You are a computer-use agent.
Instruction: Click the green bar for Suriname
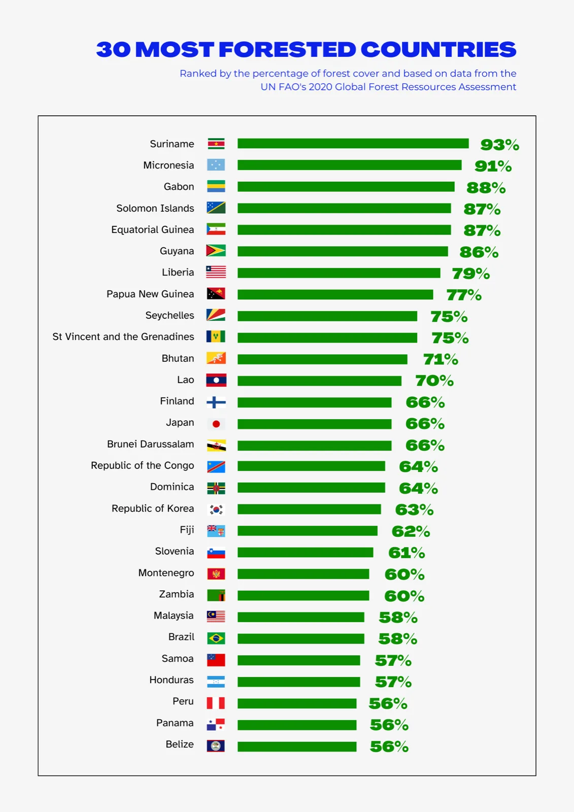[x=353, y=144]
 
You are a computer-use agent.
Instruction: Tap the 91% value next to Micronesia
[x=493, y=166]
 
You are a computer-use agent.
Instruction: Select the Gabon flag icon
[x=216, y=186]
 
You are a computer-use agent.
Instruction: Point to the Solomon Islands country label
[x=155, y=208]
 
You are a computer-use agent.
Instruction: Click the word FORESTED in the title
[x=288, y=49]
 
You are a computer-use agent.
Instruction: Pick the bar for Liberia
[x=339, y=273]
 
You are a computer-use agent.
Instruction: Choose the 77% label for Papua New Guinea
[x=464, y=295]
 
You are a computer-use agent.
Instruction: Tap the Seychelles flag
[x=216, y=315]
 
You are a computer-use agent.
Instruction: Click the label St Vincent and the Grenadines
[x=123, y=337]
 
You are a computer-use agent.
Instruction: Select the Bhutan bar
[x=322, y=359]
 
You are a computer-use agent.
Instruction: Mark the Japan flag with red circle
[x=216, y=424]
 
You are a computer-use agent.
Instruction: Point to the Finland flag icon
[x=216, y=402]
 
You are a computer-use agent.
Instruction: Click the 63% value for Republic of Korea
[x=414, y=510]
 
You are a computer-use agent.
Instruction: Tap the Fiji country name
[x=187, y=530]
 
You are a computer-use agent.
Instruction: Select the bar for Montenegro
[x=303, y=574]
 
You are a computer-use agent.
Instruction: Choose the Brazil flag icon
[x=216, y=638]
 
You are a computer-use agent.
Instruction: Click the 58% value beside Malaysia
[x=398, y=617]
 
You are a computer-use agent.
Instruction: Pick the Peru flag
[x=216, y=703]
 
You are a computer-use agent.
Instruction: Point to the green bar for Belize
[x=296, y=747]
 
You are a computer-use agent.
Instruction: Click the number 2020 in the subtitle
[x=320, y=87]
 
